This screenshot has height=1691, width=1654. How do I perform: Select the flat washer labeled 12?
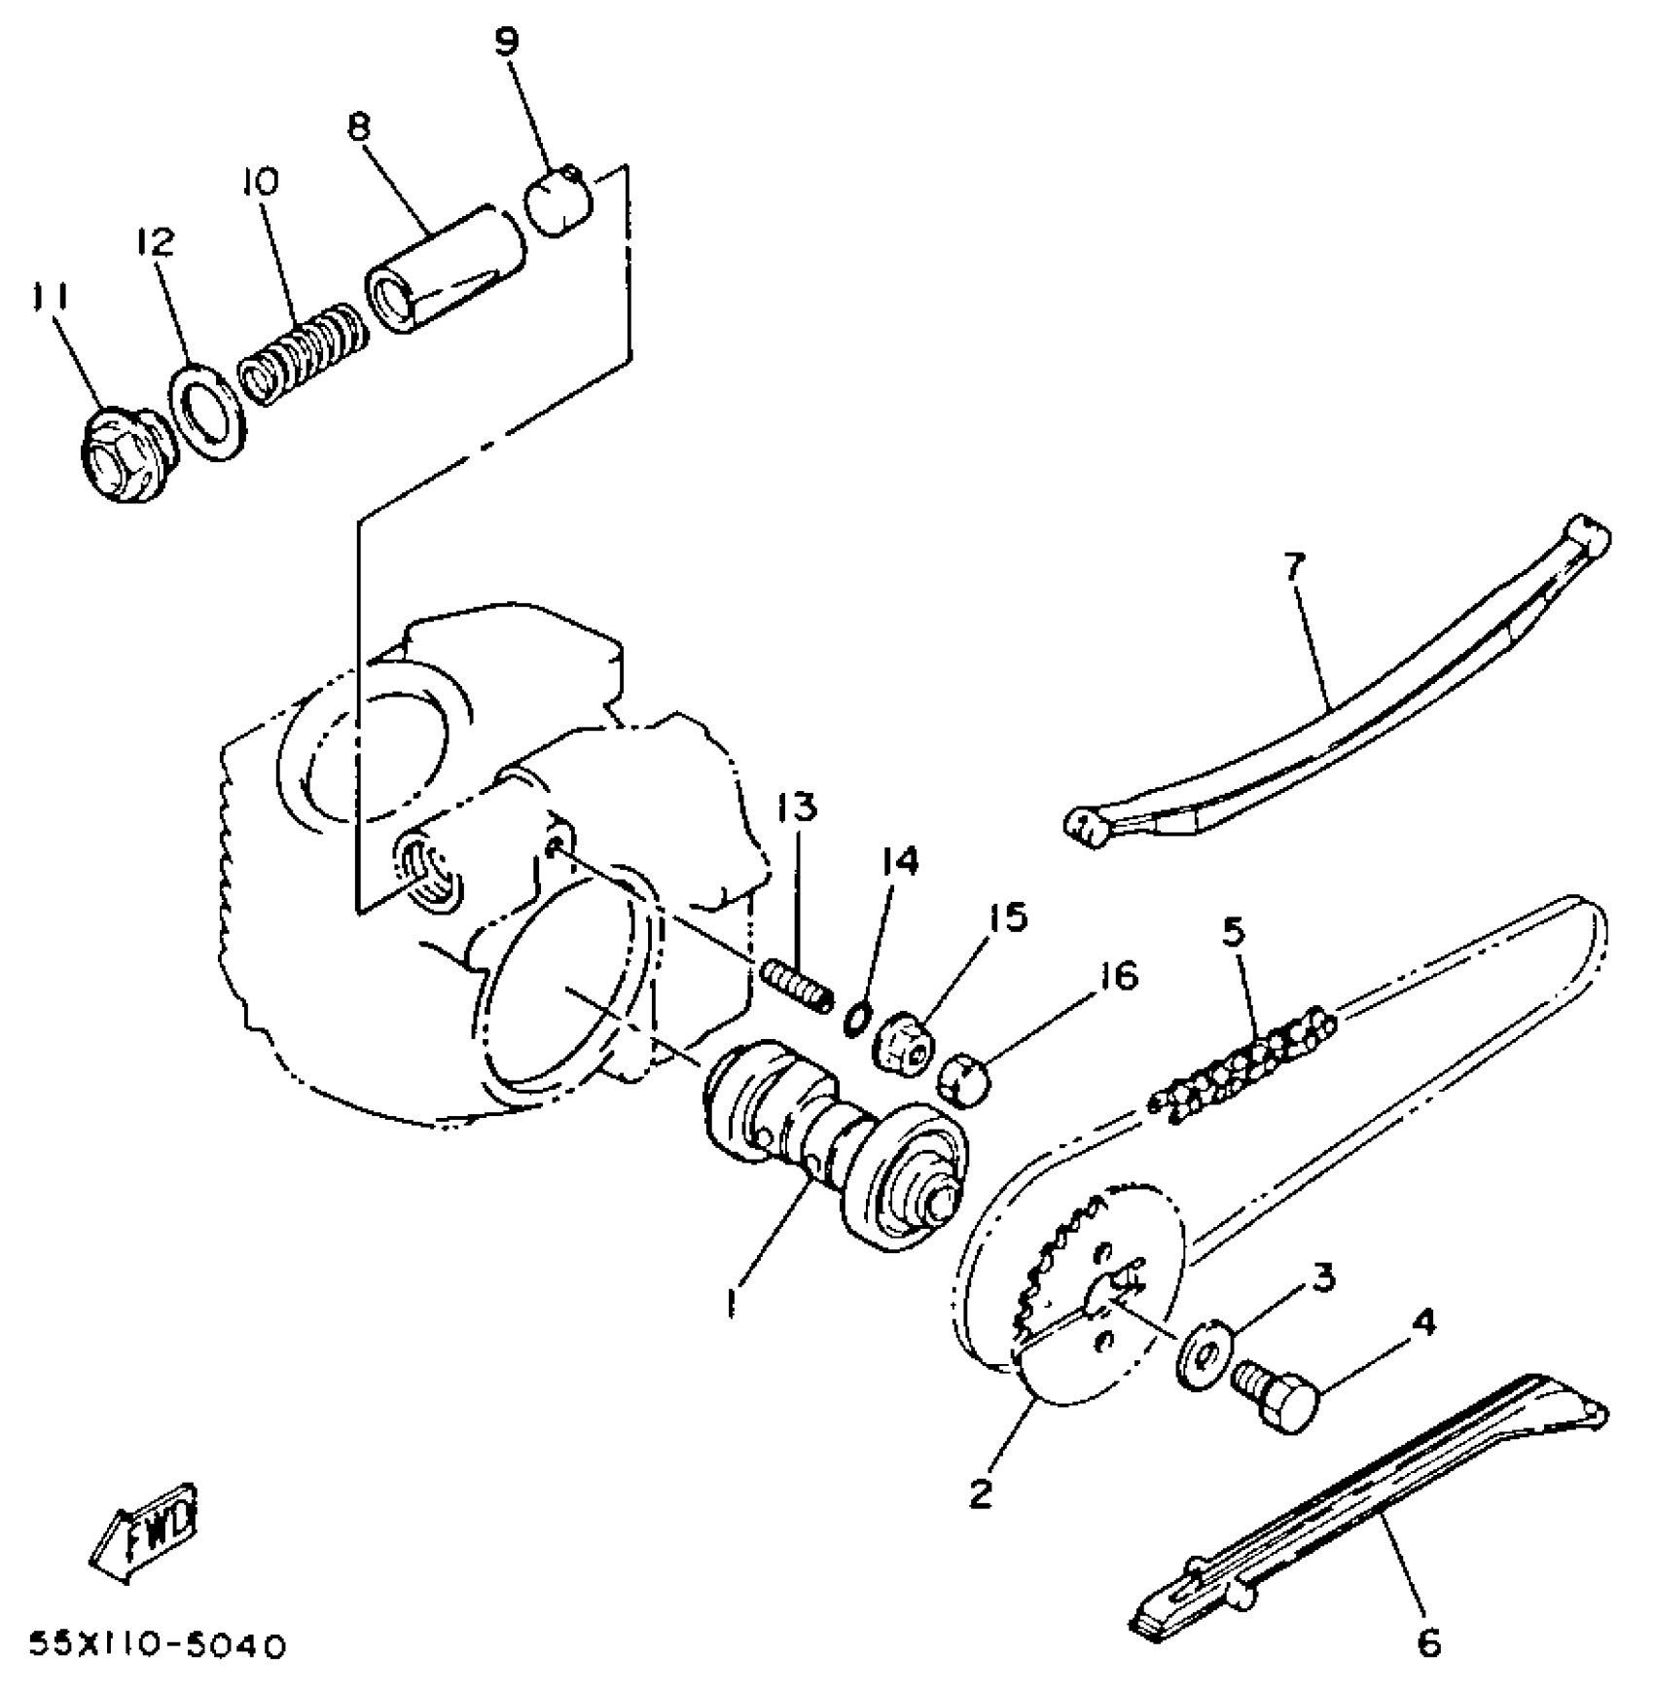click(x=207, y=412)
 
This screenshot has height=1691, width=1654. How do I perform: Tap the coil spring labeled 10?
click(x=304, y=351)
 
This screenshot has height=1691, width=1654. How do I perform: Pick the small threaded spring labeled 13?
click(x=798, y=984)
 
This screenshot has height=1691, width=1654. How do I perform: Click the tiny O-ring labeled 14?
click(x=855, y=1018)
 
